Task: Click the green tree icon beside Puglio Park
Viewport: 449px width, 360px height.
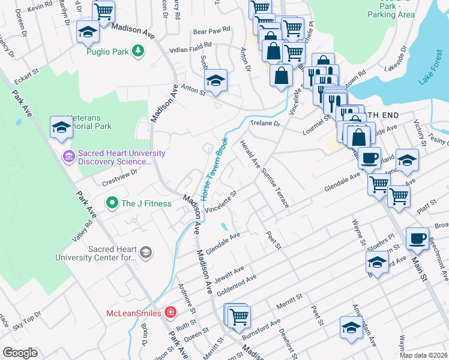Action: coord(139,52)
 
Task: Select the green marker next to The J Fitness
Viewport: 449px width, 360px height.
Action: coord(111,203)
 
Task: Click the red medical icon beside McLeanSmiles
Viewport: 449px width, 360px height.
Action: coord(170,313)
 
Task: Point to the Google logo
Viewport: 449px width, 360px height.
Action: coord(20,353)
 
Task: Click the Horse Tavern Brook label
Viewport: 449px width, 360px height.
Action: coord(214,169)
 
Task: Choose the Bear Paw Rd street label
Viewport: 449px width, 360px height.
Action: coord(211,29)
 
